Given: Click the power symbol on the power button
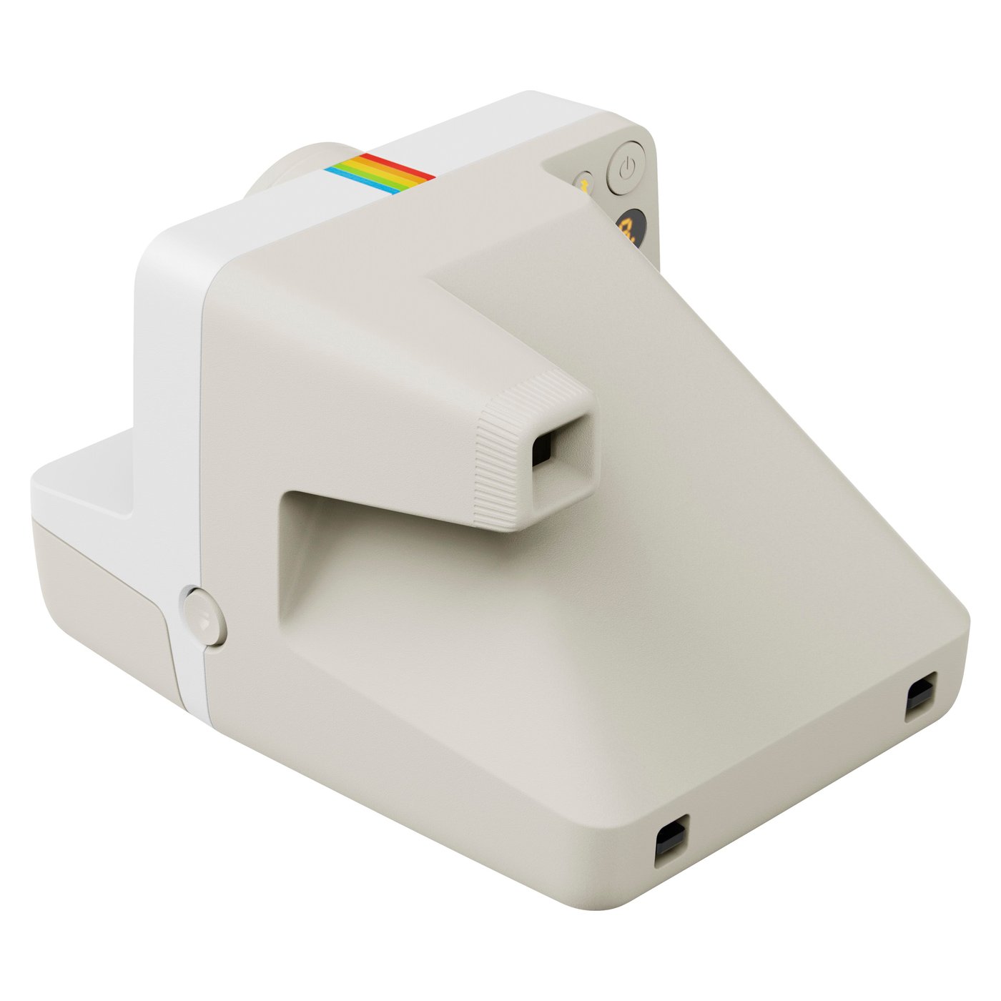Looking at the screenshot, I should tap(626, 169).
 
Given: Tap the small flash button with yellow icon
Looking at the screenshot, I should tap(583, 184).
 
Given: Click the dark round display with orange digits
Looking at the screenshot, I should tap(631, 228).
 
